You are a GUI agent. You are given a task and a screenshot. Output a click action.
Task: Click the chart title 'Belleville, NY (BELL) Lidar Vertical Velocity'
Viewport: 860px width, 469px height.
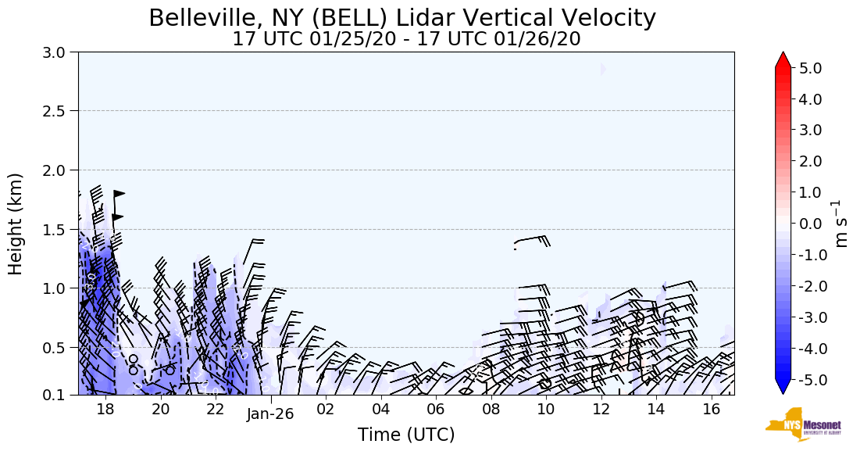pos(402,18)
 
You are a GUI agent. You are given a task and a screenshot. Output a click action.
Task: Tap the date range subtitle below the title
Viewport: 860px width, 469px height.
pos(406,39)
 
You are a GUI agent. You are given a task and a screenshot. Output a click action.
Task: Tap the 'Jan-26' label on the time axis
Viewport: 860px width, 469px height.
pos(270,414)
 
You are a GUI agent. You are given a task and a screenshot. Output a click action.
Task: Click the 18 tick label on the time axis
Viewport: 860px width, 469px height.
pos(105,408)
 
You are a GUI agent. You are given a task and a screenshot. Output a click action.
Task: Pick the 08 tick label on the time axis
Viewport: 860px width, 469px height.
pos(491,408)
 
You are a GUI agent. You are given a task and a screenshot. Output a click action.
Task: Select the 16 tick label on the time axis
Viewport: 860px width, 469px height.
pos(710,408)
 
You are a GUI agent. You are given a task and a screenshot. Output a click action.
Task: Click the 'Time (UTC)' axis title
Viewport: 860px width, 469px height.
pos(406,435)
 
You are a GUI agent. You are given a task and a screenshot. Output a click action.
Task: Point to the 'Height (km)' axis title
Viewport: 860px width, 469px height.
pos(16,224)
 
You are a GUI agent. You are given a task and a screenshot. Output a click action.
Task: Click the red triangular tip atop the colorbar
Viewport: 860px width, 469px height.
pos(783,59)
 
